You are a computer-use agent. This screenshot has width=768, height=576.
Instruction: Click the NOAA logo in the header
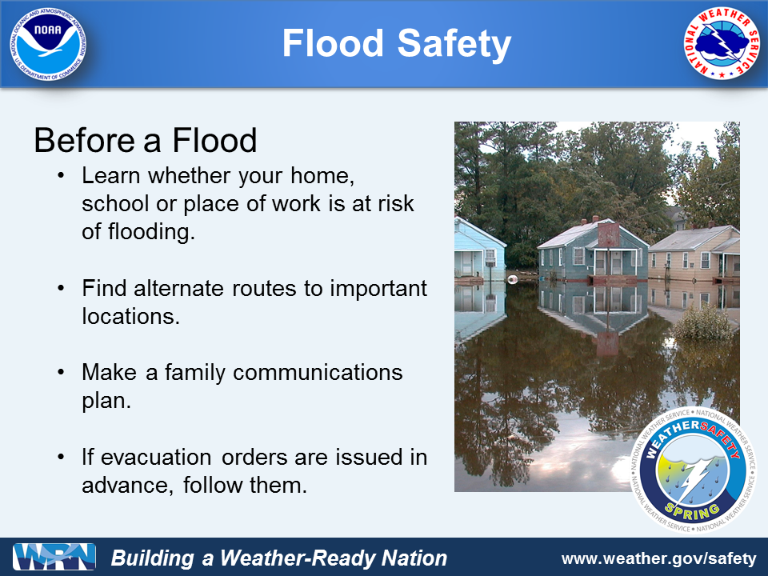pos(48,44)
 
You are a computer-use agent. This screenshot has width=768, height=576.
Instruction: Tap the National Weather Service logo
pos(721,43)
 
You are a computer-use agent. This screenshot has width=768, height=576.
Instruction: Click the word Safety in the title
pos(454,43)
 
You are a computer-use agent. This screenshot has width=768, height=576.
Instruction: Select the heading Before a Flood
pos(146,141)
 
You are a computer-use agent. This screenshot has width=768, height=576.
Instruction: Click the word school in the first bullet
pos(115,203)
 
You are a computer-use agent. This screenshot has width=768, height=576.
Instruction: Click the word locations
pos(130,317)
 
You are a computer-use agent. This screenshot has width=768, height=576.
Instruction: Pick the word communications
pos(318,372)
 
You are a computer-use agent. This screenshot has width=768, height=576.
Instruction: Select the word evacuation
pos(156,457)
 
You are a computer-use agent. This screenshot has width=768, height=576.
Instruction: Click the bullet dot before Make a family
pos(61,372)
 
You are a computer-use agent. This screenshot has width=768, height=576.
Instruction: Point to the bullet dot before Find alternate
pos(61,288)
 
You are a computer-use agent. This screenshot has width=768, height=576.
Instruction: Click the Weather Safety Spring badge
pos(693,470)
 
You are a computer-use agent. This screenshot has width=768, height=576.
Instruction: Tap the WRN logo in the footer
pos(54,557)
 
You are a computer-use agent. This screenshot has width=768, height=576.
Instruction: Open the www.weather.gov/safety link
pos(659,558)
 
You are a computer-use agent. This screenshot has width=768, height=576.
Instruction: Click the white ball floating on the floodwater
pos(512,280)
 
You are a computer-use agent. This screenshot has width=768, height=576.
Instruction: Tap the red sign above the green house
pos(608,235)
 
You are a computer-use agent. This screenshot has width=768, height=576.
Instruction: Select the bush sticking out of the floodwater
pos(703,322)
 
